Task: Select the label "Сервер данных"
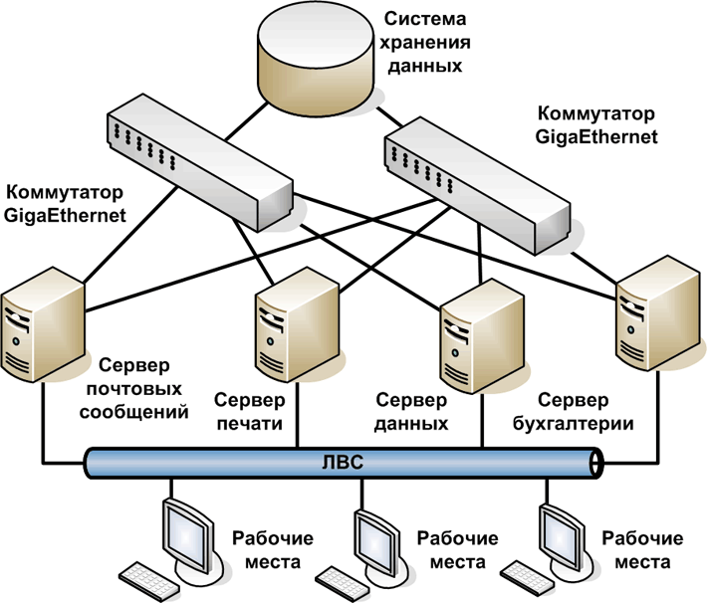pos(411,411)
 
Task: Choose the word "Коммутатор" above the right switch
pos(583,112)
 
